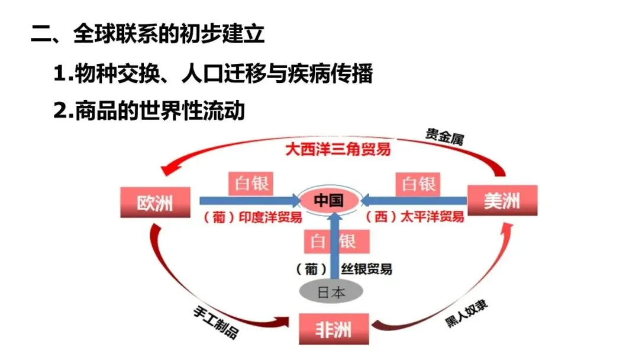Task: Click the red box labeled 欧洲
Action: click(x=155, y=202)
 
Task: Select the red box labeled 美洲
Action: click(x=502, y=200)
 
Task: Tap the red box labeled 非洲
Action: click(x=334, y=329)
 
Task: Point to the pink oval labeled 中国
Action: click(x=330, y=200)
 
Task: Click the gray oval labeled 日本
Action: click(x=331, y=292)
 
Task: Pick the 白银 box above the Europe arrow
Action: click(x=251, y=184)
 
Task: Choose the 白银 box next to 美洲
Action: click(x=418, y=184)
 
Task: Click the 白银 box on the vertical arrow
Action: click(x=337, y=242)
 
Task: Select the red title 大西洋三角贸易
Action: click(x=338, y=149)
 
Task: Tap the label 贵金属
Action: click(x=444, y=137)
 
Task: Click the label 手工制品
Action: click(x=215, y=323)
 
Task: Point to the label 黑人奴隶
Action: click(x=466, y=314)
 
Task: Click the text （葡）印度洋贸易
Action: click(x=252, y=217)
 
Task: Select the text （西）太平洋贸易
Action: click(x=414, y=217)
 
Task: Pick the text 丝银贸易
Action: click(x=366, y=269)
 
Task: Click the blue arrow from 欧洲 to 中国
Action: click(x=250, y=201)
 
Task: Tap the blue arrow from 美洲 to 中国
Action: click(x=414, y=201)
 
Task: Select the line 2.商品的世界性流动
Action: click(x=149, y=111)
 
